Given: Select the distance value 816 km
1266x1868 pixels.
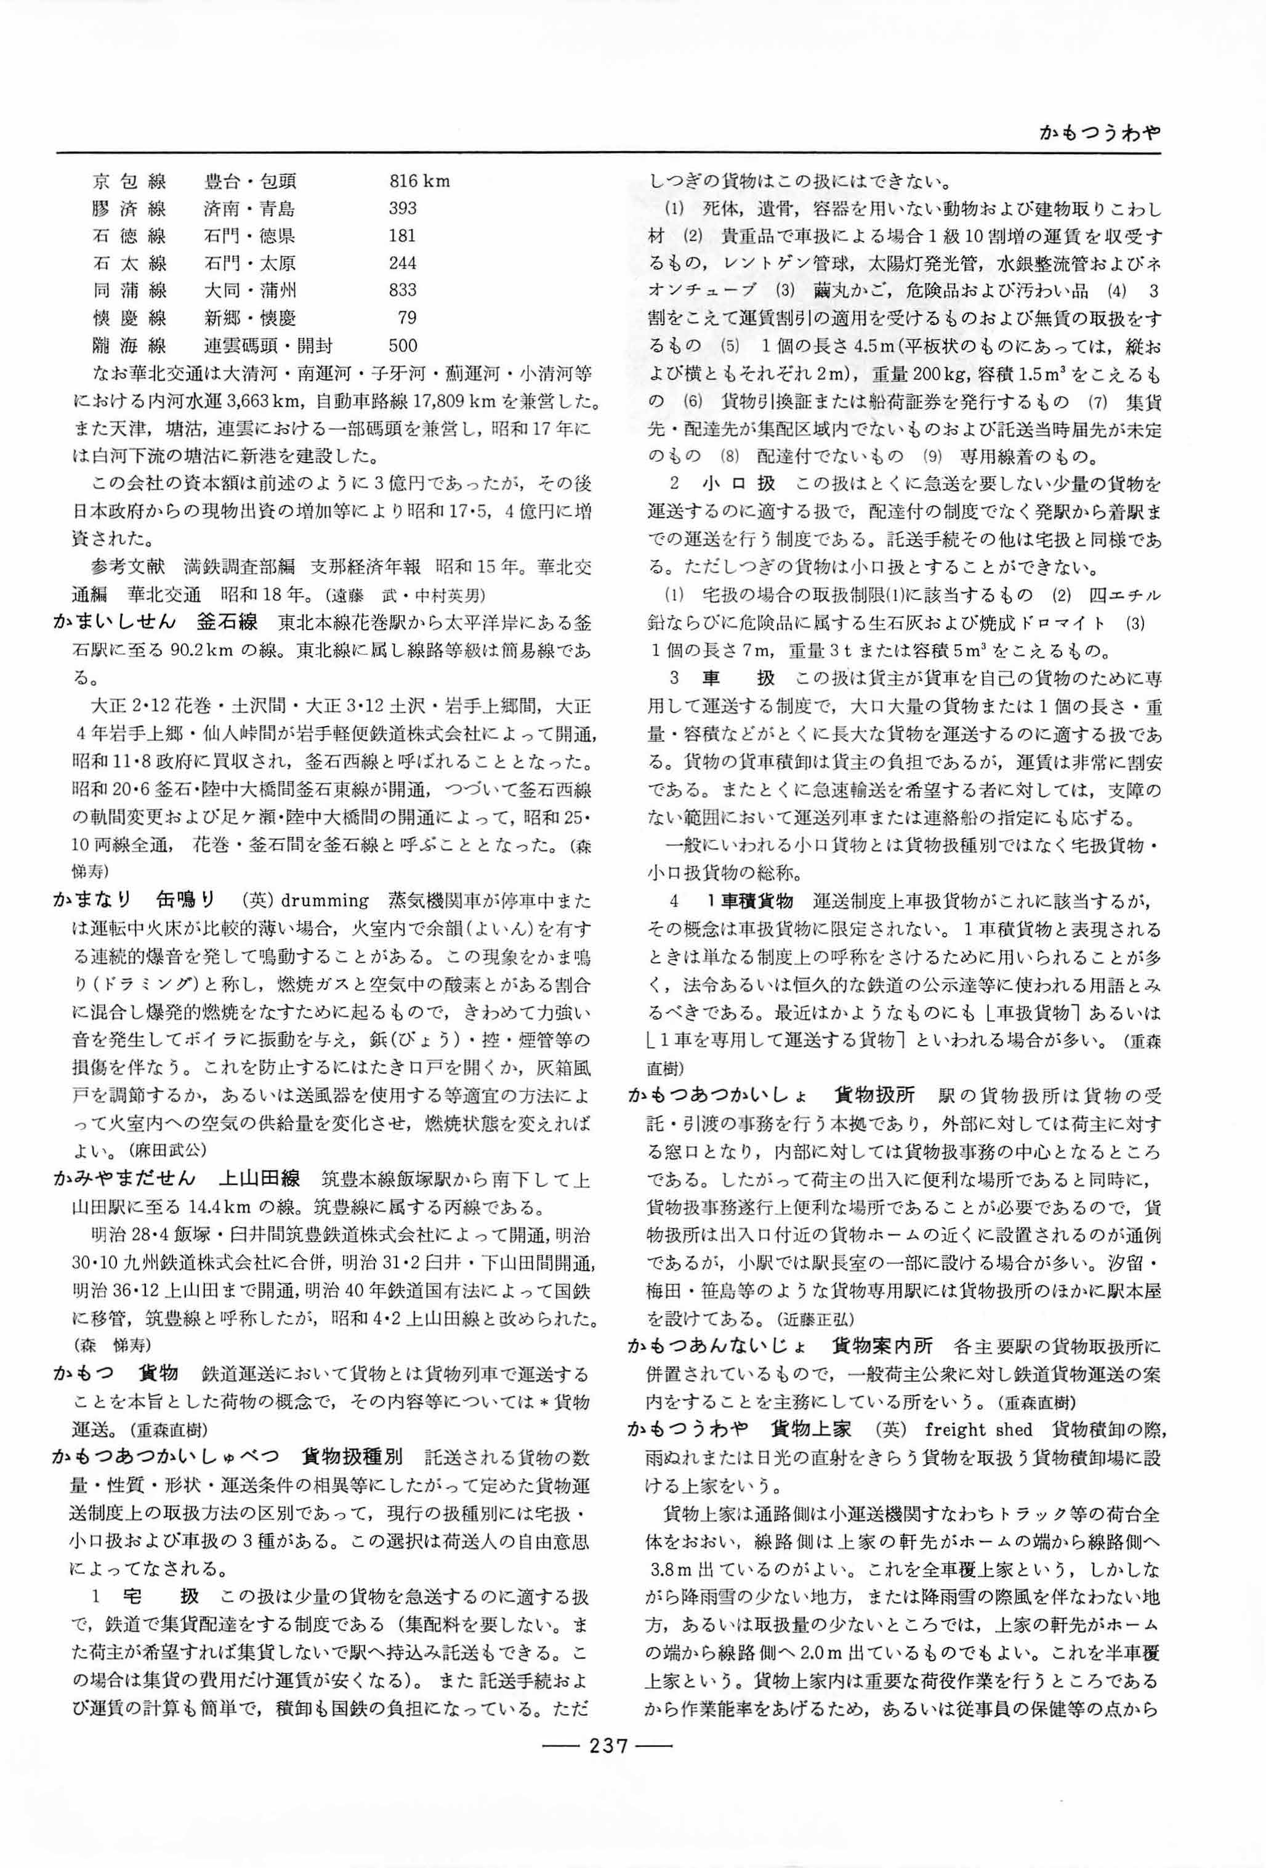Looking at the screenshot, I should [x=419, y=182].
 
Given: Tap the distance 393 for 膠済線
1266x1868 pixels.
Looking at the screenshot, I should [x=402, y=209].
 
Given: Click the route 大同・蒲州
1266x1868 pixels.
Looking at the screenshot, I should [x=250, y=290].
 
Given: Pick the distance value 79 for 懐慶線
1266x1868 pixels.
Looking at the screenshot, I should [x=407, y=318].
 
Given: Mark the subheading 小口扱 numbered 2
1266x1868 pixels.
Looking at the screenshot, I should [x=738, y=484].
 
